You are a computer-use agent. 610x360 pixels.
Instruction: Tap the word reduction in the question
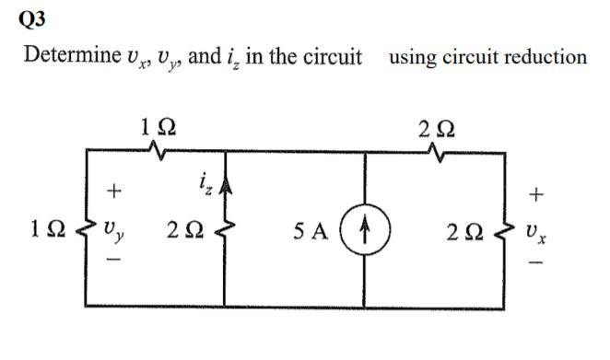pos(546,56)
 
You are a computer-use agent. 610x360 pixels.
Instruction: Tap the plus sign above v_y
pos(112,192)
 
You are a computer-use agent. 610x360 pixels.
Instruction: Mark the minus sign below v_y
pos(112,263)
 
